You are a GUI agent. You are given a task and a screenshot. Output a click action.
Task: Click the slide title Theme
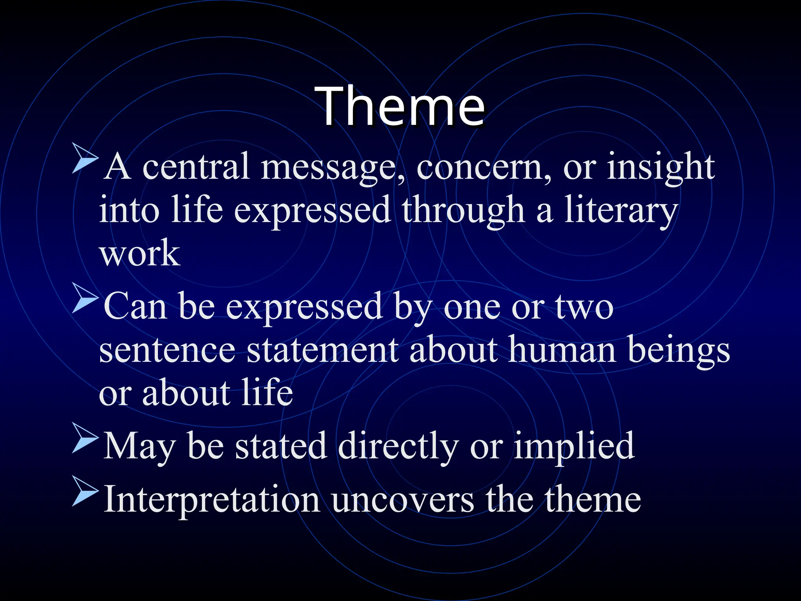[401, 106]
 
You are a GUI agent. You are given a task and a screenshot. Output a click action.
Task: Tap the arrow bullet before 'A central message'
[85, 158]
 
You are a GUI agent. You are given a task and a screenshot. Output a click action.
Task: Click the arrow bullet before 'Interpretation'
[85, 492]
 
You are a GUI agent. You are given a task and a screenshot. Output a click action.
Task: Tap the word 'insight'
[661, 167]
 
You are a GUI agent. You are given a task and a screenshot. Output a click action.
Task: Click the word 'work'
[140, 253]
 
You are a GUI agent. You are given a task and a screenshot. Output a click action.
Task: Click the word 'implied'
[574, 446]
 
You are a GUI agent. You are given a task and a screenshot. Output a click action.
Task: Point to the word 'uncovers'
[403, 501]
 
